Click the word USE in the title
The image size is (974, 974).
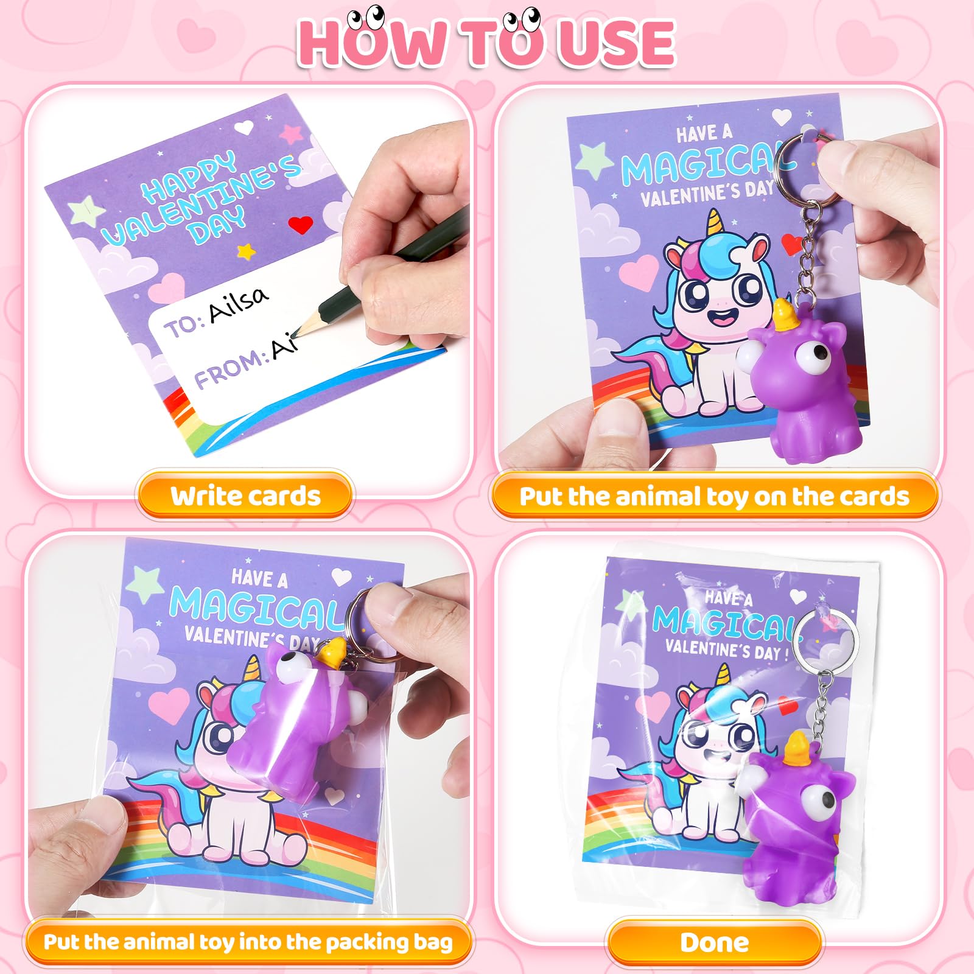[616, 43]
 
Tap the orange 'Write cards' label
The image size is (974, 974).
[245, 496]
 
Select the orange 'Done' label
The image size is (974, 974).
[715, 942]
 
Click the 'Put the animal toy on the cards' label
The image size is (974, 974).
[714, 496]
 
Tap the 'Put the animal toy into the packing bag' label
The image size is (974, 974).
[248, 942]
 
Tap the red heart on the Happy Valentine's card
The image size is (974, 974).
[300, 225]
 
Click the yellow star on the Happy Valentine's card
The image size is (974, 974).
[245, 250]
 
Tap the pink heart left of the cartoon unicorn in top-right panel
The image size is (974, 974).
[640, 272]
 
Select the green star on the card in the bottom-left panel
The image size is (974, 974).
[144, 581]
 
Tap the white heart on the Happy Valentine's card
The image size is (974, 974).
[245, 128]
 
